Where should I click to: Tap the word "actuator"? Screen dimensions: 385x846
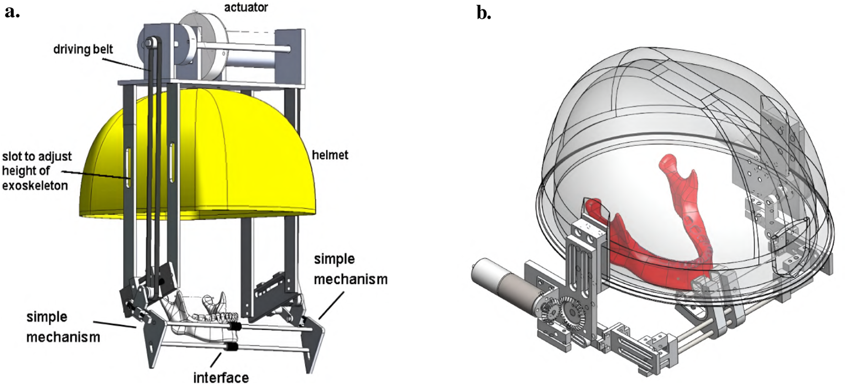tap(246, 7)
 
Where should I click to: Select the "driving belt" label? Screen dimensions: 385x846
tap(83, 49)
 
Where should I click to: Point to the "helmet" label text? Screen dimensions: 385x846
tap(330, 155)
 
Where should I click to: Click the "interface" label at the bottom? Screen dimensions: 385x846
tap(221, 377)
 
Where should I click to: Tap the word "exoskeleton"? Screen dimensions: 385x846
tap(35, 186)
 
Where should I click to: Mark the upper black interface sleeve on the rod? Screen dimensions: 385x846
tap(235, 327)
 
